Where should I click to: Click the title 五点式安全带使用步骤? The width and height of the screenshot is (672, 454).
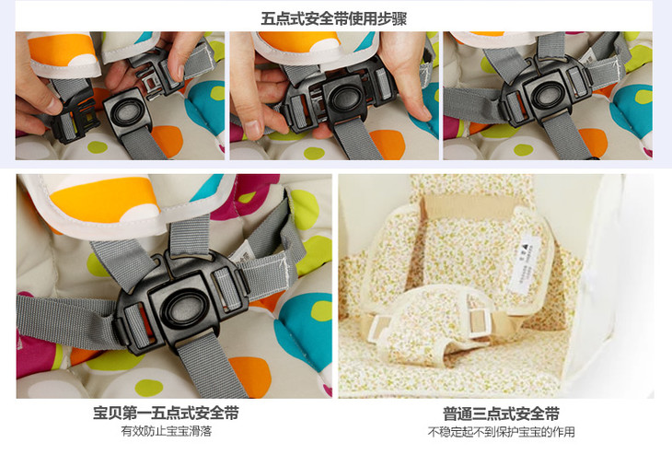(x=334, y=18)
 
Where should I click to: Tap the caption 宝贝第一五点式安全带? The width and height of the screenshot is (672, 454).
(x=166, y=413)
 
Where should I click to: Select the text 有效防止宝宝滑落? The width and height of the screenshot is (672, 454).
(x=167, y=431)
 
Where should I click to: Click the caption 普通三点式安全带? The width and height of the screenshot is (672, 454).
(x=501, y=414)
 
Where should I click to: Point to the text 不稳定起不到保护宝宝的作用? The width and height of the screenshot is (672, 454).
(x=501, y=432)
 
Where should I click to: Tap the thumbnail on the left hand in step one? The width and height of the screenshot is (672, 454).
(x=52, y=103)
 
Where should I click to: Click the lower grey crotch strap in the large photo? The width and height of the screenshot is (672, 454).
(x=211, y=365)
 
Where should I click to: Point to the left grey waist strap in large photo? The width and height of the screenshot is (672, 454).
(x=64, y=320)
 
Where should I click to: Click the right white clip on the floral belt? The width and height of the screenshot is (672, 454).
(x=479, y=320)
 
